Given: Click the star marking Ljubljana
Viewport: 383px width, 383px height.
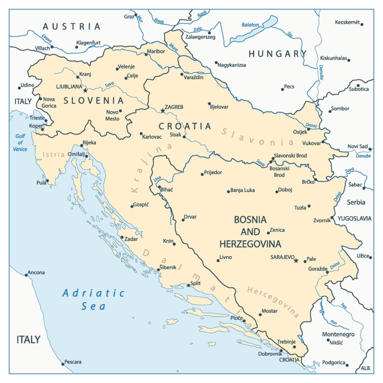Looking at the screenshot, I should tap(85, 90).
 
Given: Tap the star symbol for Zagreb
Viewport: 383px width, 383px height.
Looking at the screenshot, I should tap(162, 110).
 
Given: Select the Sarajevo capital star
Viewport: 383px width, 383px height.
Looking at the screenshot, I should tap(296, 260).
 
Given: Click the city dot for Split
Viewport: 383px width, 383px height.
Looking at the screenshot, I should tap(188, 285).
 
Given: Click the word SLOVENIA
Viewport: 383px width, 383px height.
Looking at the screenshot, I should tap(90, 100).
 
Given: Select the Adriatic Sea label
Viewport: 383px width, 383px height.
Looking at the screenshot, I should tap(94, 299).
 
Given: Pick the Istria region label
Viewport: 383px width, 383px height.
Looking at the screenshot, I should tap(54, 154).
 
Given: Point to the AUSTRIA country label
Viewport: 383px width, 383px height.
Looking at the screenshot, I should tap(71, 26).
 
